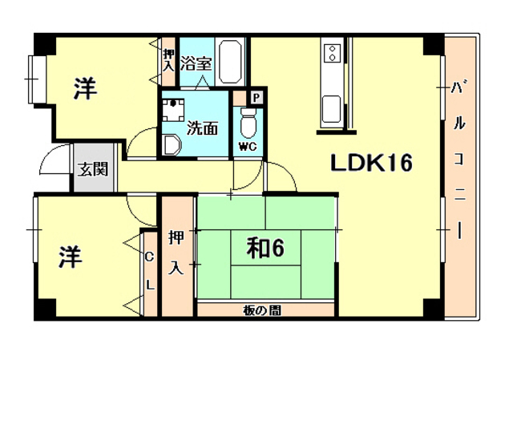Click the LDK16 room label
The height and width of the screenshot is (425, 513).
coord(371,163)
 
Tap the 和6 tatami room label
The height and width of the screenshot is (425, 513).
coord(265,248)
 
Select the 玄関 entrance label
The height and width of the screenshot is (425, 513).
coord(93,169)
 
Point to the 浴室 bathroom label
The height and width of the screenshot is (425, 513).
coord(196,64)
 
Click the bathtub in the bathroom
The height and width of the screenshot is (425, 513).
coord(230,62)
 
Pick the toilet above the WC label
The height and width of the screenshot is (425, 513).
coord(248,123)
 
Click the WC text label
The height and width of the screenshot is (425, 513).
coord(248,147)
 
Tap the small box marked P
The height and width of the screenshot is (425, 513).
coord(257,97)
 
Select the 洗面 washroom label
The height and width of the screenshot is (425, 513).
coord(202,128)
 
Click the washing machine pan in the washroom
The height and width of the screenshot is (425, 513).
coord(173,110)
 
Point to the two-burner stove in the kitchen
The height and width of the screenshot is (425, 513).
coord(333,54)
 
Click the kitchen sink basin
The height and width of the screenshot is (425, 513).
coord(331,109)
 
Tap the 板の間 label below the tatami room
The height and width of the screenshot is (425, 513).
coord(262,310)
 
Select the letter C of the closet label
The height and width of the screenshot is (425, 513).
coord(149,257)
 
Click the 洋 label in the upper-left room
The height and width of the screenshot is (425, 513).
coord(85,88)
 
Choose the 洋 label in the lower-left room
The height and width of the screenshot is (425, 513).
coord(71,257)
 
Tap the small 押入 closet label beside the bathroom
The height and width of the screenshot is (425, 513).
coord(169,61)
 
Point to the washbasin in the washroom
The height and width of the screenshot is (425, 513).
coord(172,144)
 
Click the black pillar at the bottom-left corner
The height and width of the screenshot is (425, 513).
coord(45,309)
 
